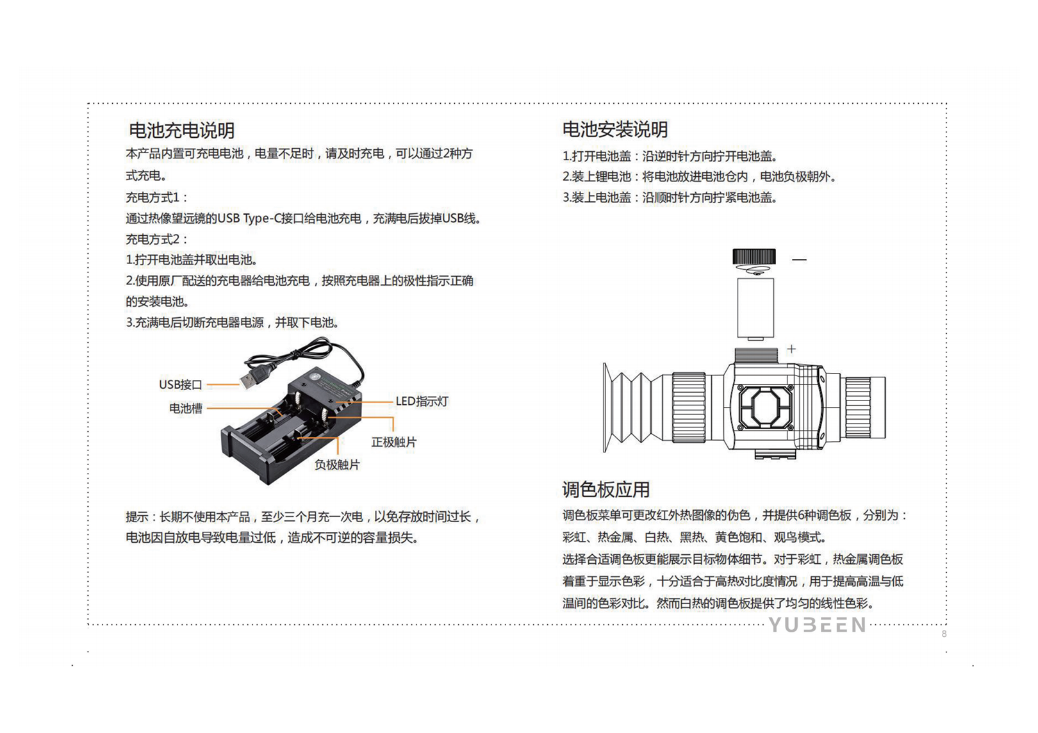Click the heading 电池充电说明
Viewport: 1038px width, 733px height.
[x=181, y=131]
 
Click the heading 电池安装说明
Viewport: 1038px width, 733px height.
[x=614, y=129]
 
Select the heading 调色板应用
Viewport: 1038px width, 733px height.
[x=605, y=490]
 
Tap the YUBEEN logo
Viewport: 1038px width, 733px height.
[x=817, y=625]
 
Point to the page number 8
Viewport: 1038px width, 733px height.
[x=944, y=634]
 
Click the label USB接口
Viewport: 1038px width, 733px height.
[x=180, y=384]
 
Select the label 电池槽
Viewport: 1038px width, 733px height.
[x=185, y=408]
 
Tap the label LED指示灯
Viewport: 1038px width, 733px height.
[x=422, y=402]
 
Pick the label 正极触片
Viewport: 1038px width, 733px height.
[x=393, y=442]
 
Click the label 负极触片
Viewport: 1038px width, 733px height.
[x=337, y=465]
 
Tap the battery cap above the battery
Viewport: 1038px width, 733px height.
[x=754, y=257]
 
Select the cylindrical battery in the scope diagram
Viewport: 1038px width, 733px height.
[x=755, y=308]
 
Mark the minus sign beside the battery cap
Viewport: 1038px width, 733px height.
[x=799, y=259]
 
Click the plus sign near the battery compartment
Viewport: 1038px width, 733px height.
[x=791, y=349]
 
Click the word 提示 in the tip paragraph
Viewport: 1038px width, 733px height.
[x=136, y=517]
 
